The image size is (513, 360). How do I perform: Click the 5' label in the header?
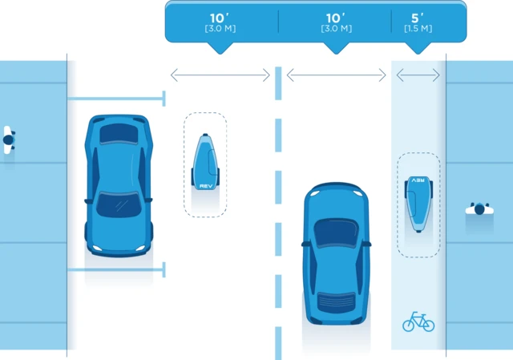point(416,17)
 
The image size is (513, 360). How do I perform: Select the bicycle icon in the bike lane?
point(418,322)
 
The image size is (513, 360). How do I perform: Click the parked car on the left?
point(119,184)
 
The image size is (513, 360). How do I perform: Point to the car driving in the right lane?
point(337,255)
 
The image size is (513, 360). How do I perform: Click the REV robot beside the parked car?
point(205,164)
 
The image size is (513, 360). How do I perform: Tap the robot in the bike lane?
point(418,201)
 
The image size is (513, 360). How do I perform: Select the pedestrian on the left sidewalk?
point(8,140)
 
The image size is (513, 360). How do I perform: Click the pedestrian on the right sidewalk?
point(479,210)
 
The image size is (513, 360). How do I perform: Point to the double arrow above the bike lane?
point(418,75)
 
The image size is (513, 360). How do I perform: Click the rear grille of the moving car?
point(337,305)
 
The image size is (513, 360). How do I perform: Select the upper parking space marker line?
point(116,99)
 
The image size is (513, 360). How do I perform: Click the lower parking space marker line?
point(116,270)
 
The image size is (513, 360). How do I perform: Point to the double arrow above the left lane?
point(220,75)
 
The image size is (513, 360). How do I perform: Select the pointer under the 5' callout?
point(416,47)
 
